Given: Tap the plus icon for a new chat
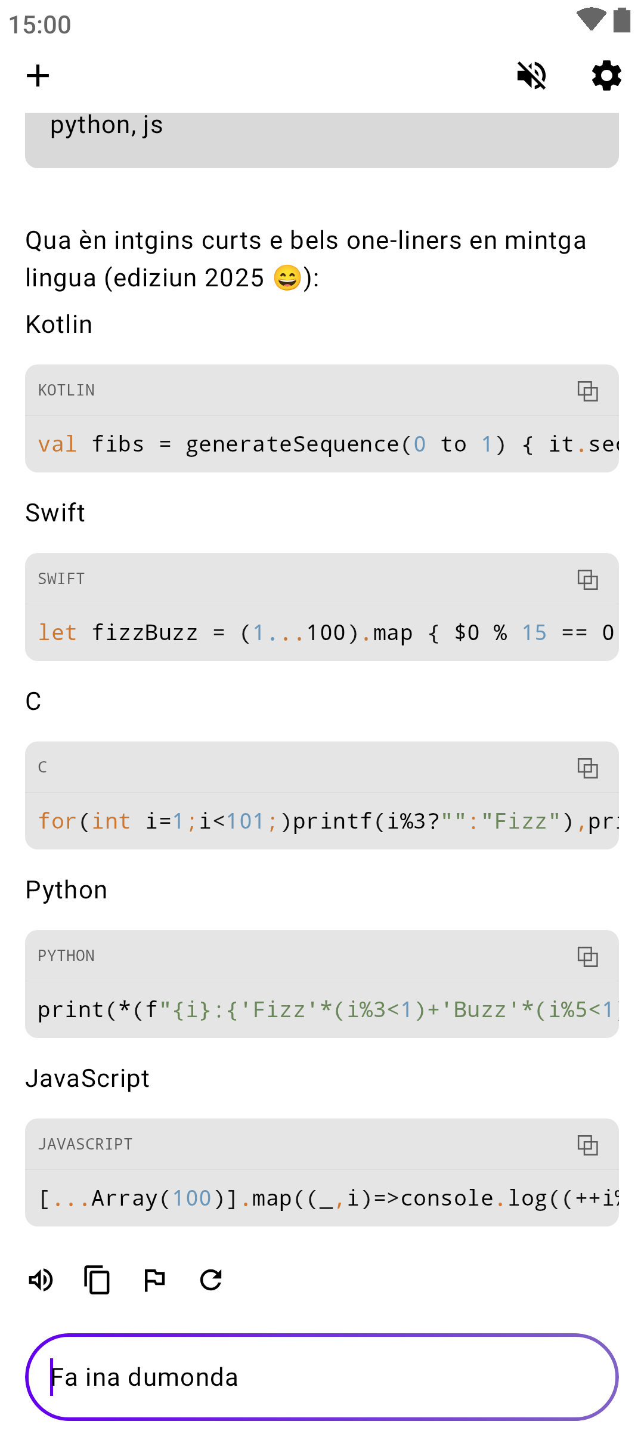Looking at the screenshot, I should (x=38, y=76).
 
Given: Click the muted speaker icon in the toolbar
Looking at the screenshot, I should (x=531, y=76).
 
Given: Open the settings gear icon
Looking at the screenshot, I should (x=606, y=76).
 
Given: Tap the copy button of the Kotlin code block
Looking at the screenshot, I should (x=587, y=391).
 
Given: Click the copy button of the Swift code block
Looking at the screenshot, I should (x=587, y=579).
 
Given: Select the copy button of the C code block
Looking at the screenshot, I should (x=587, y=768).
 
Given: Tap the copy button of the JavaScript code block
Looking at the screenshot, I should (x=587, y=1145).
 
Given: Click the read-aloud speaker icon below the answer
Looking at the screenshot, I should (x=41, y=1280).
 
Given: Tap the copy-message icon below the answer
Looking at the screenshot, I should (x=97, y=1280).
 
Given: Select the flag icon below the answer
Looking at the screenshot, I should (x=154, y=1280).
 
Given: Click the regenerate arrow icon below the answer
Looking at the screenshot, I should (x=211, y=1280).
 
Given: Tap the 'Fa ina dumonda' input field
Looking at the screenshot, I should (x=322, y=1377).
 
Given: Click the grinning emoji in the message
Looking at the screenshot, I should (x=287, y=278).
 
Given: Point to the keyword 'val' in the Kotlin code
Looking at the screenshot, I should (x=57, y=444).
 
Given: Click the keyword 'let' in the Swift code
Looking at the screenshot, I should (x=57, y=633).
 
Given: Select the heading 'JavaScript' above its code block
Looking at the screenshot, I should (x=88, y=1079).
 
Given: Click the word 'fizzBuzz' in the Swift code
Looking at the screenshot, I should (x=144, y=633).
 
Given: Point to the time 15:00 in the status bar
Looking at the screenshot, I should (x=40, y=24).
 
